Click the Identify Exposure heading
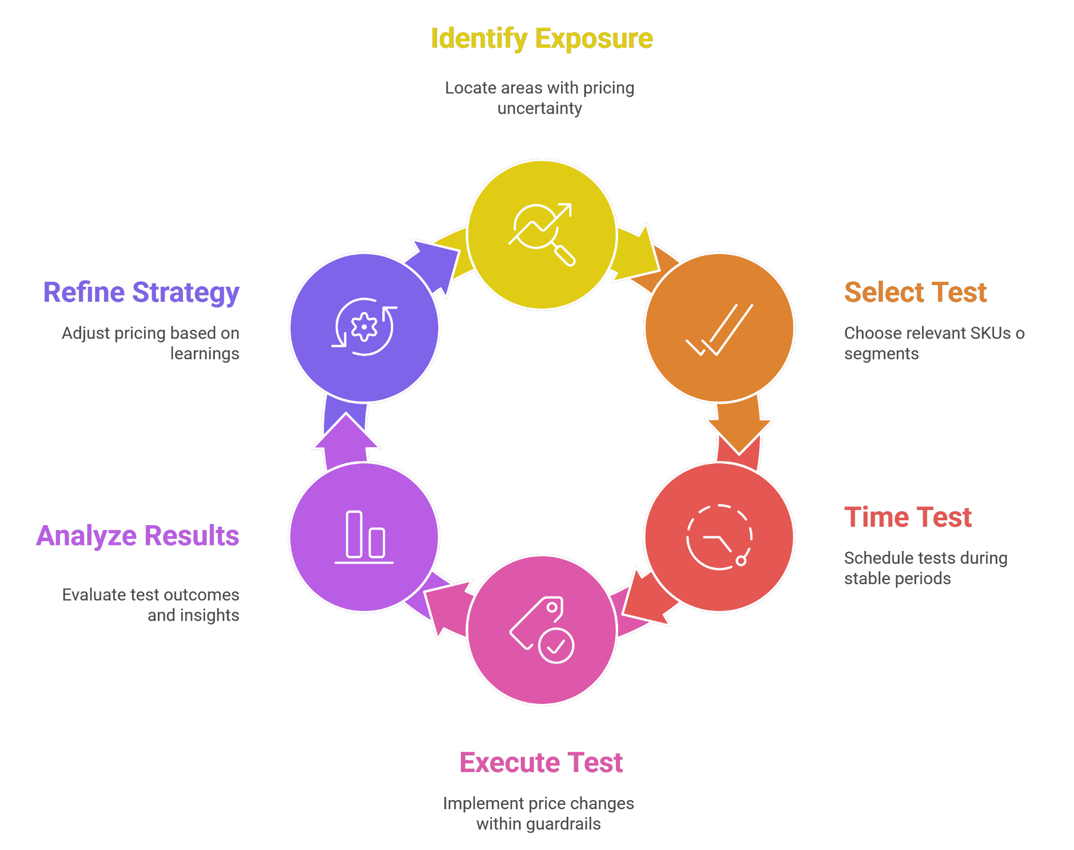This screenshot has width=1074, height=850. [x=541, y=39]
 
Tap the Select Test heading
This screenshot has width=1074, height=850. [x=915, y=293]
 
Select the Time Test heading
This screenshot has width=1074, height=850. [x=908, y=518]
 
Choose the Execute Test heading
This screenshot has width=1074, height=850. [x=541, y=762]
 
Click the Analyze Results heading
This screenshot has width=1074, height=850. [x=137, y=536]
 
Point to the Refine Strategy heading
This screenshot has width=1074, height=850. [x=141, y=293]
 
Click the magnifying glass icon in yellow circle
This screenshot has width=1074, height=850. [x=541, y=234]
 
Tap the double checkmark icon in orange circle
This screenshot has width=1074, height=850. [x=720, y=330]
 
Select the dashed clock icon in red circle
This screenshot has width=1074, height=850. [x=719, y=537]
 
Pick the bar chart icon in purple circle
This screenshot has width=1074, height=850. [x=364, y=537]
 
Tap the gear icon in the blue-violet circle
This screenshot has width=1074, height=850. [x=364, y=326]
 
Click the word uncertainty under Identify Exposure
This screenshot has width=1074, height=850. [x=539, y=108]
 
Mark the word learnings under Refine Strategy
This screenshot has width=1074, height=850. [x=205, y=354]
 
